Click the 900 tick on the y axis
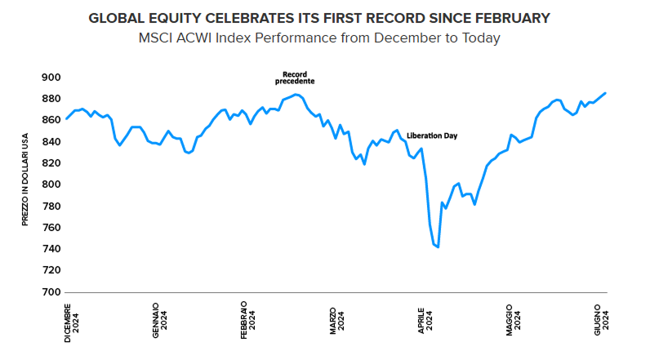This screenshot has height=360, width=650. coord(51,78)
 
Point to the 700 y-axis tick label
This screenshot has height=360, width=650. coord(51,291)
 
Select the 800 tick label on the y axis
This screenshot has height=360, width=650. coord(51,184)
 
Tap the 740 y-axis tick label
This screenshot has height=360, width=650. coord(51,249)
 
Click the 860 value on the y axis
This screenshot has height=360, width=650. coord(51,120)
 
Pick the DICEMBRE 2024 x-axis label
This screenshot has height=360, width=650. coord(72,322)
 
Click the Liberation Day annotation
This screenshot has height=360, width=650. coord(431,136)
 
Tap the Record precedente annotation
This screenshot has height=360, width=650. coord(293,78)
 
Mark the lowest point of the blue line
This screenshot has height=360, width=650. coord(439,247)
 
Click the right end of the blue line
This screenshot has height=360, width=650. coord(605,93)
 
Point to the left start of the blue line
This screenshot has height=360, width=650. coord(66,118)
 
